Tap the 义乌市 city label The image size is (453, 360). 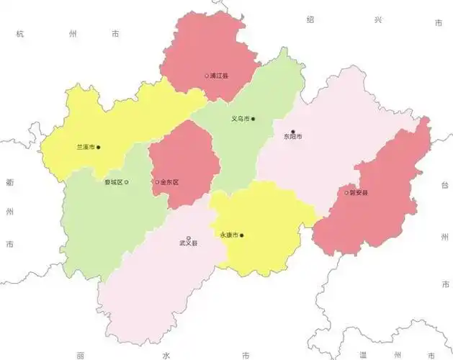tap(240, 119)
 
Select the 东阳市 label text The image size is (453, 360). tap(292, 137)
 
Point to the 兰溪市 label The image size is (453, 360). tap(85, 148)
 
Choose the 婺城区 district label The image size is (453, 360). tap(113, 182)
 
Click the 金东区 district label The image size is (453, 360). tap(169, 182)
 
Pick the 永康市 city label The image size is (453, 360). tap(228, 235)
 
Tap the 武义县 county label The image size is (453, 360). tap(189, 243)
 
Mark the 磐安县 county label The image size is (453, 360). tap(358, 193)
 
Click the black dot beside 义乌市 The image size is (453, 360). tap(253, 119)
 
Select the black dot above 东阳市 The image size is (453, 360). tap(292, 130)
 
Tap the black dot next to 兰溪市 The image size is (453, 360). tap(99, 148)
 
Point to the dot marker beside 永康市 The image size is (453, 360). tap(242, 235)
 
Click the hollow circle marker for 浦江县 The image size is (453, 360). tap(207, 76)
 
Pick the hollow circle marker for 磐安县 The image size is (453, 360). tap(346, 193)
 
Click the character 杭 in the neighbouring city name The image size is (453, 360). tap(21, 34)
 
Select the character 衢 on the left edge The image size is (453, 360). tap(9, 183)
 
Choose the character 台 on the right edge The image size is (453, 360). tap(444, 185)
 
